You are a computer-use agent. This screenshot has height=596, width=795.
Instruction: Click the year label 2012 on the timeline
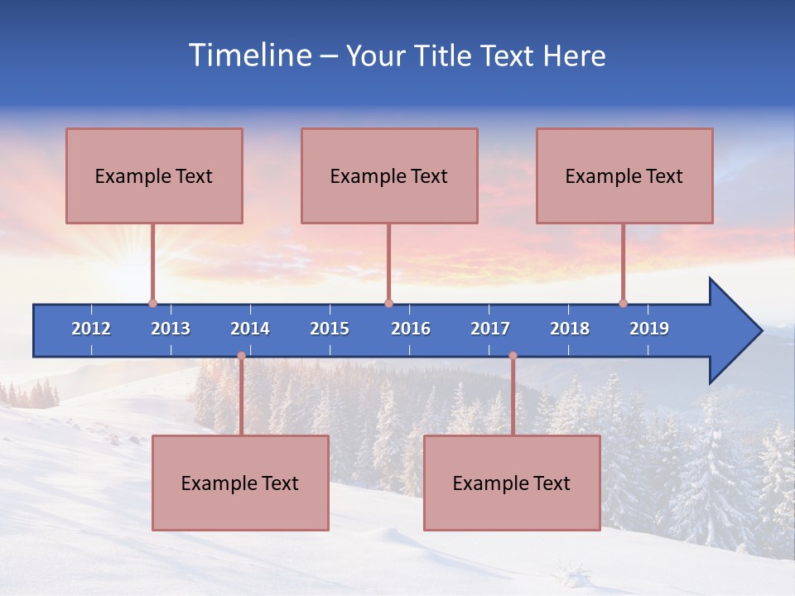click(x=91, y=329)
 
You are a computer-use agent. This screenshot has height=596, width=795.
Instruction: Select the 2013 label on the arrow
click(x=171, y=329)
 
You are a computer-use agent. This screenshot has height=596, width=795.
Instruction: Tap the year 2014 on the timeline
click(x=250, y=329)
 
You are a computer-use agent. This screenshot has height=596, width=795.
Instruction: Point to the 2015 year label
click(x=330, y=329)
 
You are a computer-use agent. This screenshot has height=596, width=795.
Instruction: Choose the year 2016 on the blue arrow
click(x=411, y=329)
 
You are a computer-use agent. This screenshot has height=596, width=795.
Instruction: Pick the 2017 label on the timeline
click(x=490, y=329)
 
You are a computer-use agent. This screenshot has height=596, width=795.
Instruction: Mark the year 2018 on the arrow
click(x=570, y=329)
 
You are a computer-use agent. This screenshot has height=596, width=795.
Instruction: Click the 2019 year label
click(x=649, y=329)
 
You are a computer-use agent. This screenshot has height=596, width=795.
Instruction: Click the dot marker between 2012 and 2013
click(x=152, y=304)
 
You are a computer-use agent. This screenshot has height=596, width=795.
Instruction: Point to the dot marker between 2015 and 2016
click(x=388, y=304)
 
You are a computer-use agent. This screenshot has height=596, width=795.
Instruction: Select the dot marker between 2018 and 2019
click(x=623, y=304)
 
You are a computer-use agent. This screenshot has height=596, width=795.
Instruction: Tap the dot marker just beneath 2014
click(x=241, y=356)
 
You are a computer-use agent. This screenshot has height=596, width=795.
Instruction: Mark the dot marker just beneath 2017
click(x=513, y=356)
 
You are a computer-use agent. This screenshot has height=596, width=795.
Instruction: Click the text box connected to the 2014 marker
click(x=240, y=483)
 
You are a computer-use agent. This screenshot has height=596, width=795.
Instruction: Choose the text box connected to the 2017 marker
click(x=512, y=483)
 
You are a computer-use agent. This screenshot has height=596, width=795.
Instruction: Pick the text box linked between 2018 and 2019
click(x=624, y=175)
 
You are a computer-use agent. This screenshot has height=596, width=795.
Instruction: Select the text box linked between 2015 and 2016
click(x=389, y=175)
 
